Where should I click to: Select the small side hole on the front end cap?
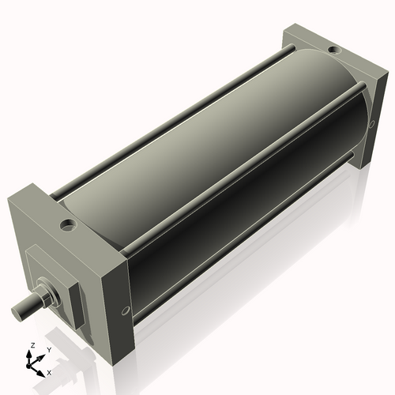coord(124,310)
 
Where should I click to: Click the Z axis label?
coord(32,346)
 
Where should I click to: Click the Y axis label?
coord(48,349)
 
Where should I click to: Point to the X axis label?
coord(49,371)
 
